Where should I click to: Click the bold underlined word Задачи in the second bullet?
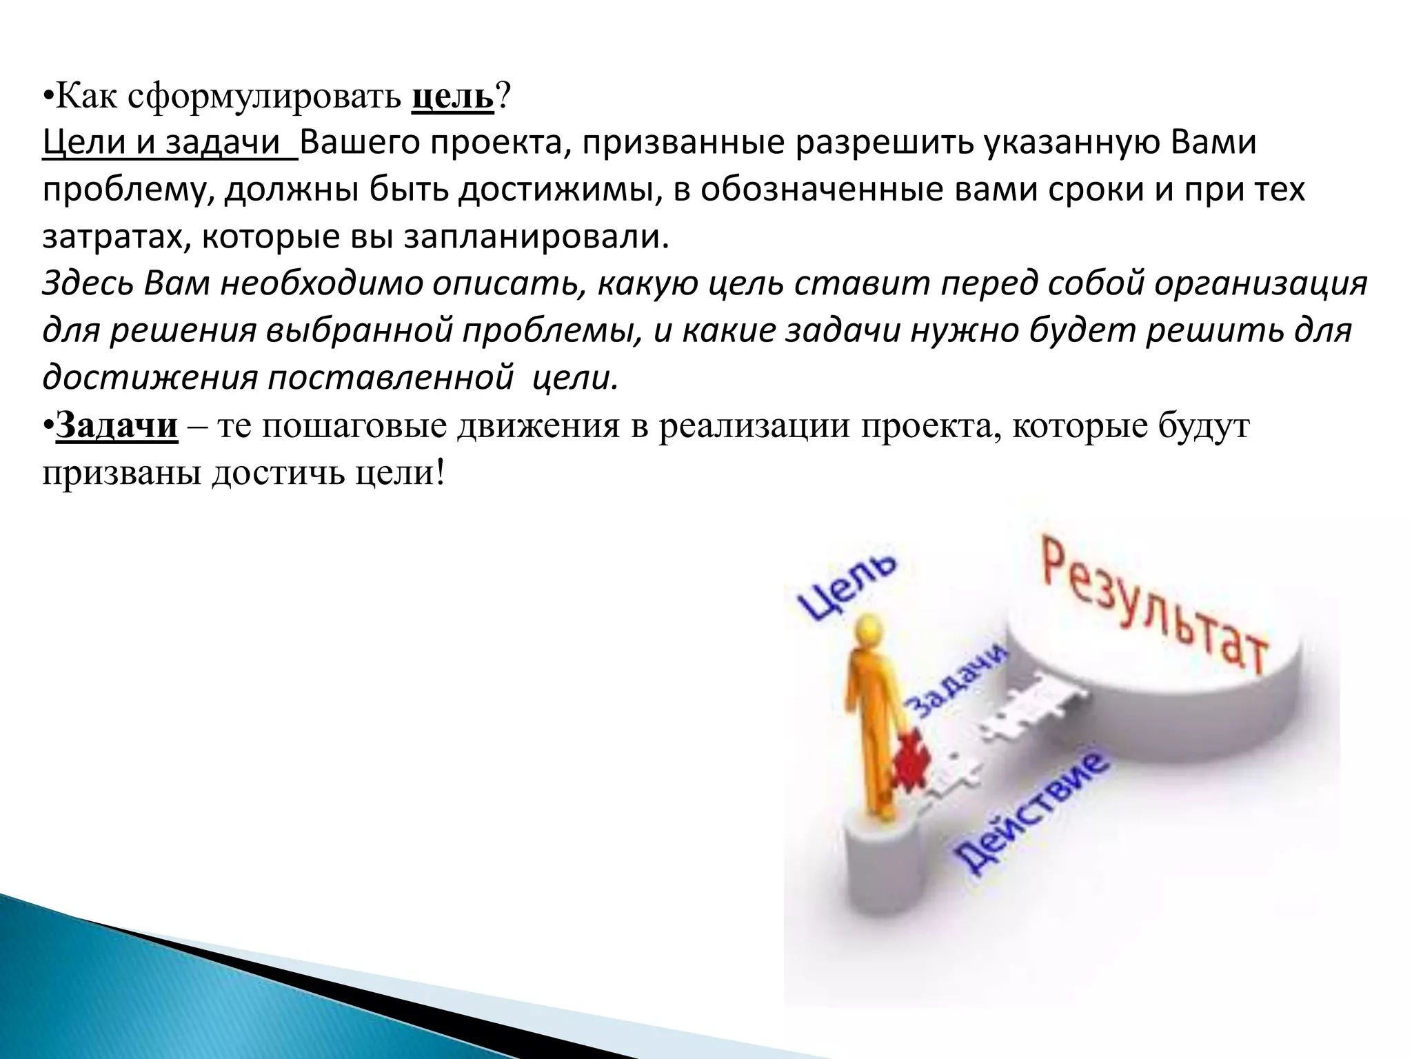(x=117, y=426)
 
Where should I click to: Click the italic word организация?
(x=1261, y=284)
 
